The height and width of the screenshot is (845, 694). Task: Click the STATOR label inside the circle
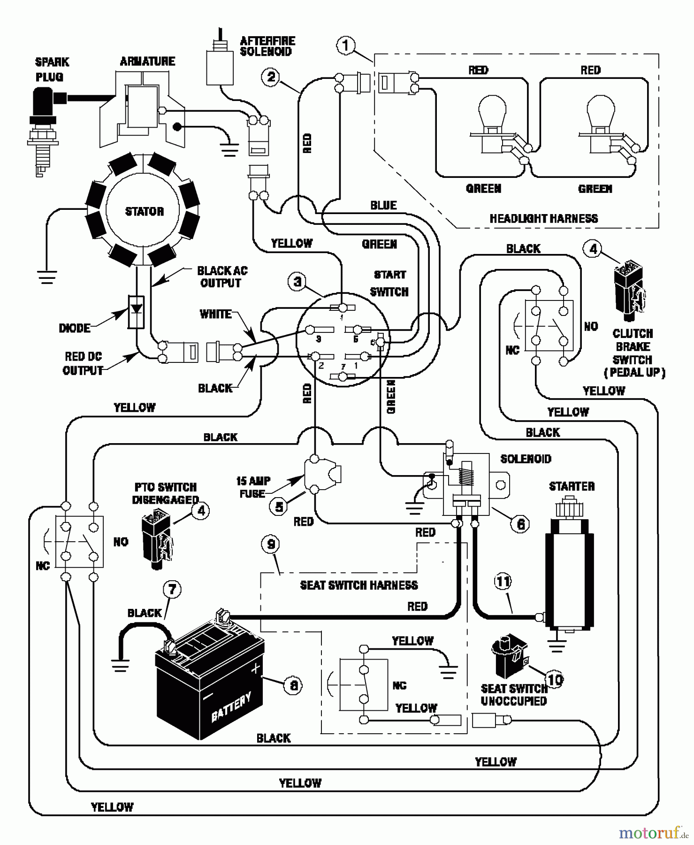coord(145,211)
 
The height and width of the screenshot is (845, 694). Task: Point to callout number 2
coord(271,77)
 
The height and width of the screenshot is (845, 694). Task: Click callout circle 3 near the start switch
coord(297,282)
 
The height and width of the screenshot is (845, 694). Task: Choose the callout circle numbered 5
coord(279,507)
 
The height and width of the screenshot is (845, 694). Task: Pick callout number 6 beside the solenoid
coord(520,524)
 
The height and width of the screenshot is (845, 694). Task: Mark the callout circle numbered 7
coord(172,589)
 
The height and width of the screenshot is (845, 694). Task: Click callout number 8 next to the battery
coord(293,686)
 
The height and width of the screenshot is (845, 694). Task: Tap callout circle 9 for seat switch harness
coord(271,545)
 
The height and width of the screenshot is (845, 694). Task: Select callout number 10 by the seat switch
coord(555,680)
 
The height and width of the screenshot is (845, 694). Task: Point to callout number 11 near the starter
coord(503,582)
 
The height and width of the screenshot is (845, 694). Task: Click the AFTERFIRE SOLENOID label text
coord(267,46)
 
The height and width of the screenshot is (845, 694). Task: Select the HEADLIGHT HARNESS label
coord(543,218)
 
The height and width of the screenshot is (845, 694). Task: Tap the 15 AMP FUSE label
coord(253,487)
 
